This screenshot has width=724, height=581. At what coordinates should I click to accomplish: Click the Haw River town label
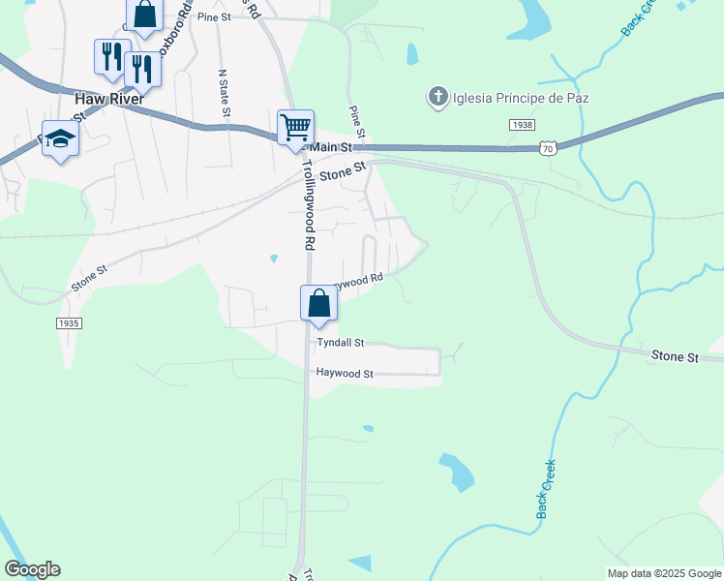click(x=109, y=99)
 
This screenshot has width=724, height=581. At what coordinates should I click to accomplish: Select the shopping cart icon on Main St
click(x=295, y=127)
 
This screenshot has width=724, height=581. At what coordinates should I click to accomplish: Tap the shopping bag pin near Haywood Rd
click(x=318, y=304)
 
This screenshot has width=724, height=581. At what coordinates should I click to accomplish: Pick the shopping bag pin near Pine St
click(x=144, y=15)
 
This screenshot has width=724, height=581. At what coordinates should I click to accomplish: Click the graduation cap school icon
click(x=60, y=138)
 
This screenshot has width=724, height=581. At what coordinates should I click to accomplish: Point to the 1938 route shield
click(x=522, y=125)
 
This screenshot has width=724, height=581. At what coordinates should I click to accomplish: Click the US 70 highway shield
click(x=548, y=148)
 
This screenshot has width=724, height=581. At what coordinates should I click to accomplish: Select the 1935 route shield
click(x=69, y=323)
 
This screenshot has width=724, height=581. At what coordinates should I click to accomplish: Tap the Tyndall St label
click(x=340, y=343)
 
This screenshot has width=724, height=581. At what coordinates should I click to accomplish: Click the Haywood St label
click(x=344, y=373)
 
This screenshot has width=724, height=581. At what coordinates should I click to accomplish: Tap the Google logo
click(x=32, y=569)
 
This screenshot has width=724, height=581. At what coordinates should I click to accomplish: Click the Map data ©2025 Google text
click(x=664, y=573)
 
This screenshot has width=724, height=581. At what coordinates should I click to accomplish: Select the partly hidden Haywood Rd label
click(x=360, y=281)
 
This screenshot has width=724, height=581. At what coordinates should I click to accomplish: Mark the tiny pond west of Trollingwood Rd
click(x=274, y=259)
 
